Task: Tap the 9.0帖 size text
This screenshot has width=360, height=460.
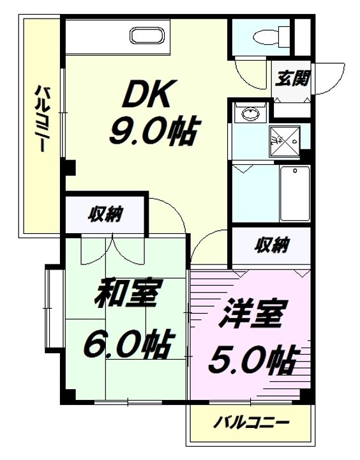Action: tap(151, 132)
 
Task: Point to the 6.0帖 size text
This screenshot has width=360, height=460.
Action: tap(128, 345)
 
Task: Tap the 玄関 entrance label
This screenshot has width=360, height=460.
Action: tap(293, 79)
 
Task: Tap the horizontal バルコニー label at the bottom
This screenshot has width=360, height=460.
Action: tap(251, 423)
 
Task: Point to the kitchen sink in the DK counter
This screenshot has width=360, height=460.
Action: tap(148, 34)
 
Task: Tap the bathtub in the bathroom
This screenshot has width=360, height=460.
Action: tap(294, 193)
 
